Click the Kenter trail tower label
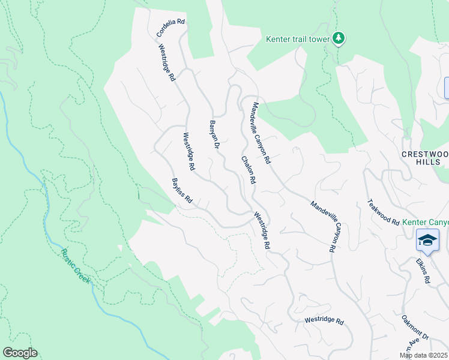298,40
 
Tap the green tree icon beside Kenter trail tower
339,38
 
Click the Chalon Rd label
249,170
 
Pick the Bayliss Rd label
181,190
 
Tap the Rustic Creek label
76,266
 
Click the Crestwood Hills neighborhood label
424,158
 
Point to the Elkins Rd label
423,271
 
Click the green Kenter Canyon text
425,222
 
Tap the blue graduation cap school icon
427,240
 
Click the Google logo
20,353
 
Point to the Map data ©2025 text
424,356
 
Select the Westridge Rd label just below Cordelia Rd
167,62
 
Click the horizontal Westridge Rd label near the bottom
324,321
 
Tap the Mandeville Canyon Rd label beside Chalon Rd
262,133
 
